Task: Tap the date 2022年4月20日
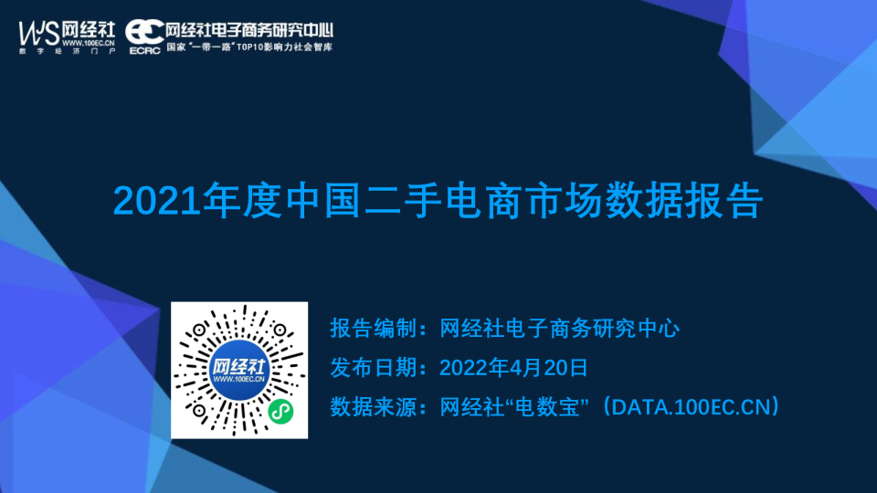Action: pos(512,367)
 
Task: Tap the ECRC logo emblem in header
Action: pos(144,30)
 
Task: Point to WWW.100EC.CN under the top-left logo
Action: pos(89,42)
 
